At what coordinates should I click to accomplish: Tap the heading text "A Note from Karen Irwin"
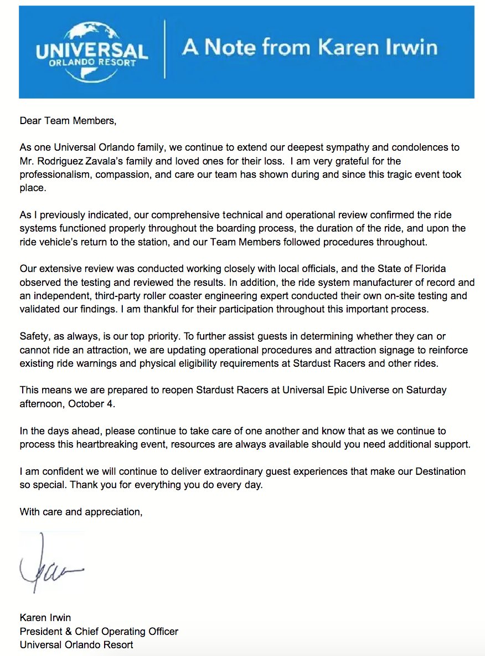309,48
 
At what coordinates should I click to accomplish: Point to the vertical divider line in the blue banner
164,50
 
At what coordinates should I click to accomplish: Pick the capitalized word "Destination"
437,471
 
